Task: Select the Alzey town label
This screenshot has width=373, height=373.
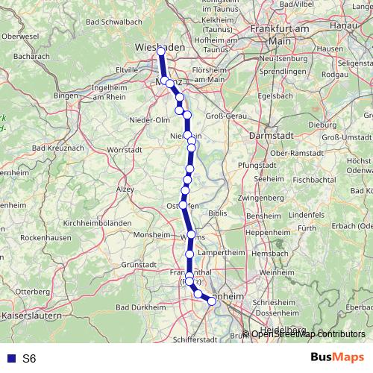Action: pos(125,189)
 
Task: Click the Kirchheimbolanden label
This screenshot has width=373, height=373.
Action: pos(98,223)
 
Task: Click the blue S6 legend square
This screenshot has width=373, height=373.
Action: pos(12,359)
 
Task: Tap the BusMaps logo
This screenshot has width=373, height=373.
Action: pos(337,358)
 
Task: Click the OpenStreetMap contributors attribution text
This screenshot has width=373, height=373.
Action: pos(307,334)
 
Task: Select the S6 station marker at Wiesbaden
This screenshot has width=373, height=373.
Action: pos(160,52)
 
